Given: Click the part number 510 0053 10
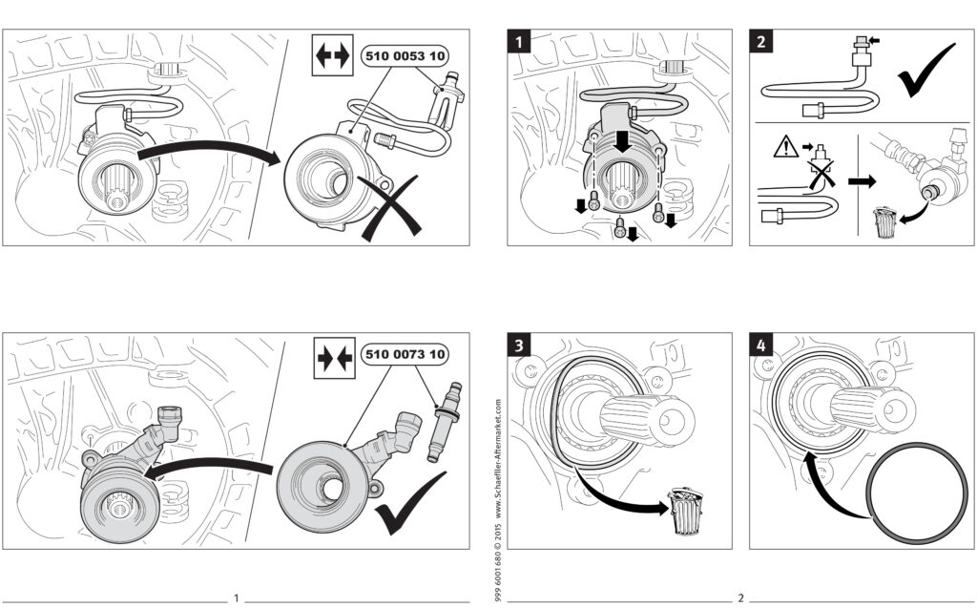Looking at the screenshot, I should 404,56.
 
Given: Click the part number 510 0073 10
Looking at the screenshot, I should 404,356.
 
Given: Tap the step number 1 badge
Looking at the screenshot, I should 519,42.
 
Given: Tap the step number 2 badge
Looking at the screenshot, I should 760,42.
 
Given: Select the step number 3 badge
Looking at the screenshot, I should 519,345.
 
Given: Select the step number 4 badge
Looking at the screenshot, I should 760,345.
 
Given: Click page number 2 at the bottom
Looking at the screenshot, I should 740,598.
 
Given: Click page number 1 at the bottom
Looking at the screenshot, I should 236,598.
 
